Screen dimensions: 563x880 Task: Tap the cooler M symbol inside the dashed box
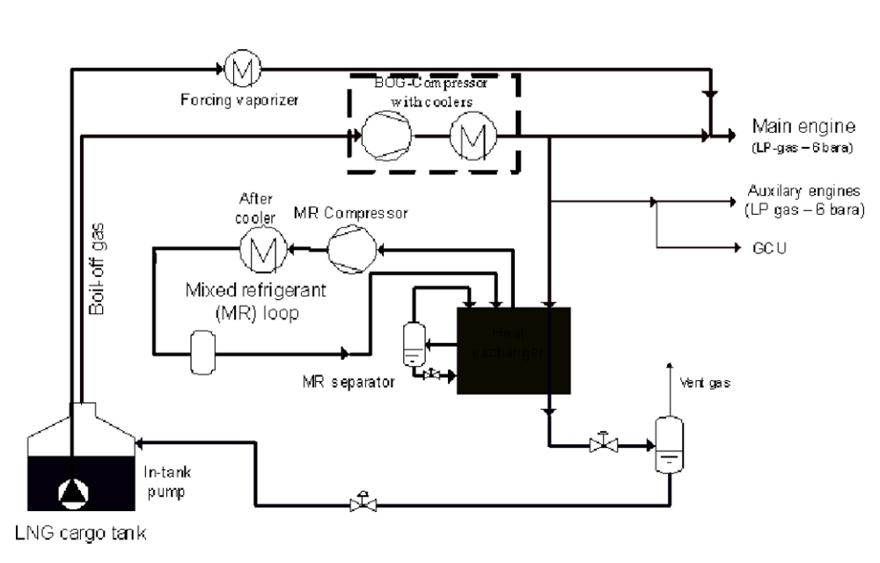(x=473, y=136)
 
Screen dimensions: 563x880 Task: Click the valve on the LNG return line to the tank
(x=359, y=503)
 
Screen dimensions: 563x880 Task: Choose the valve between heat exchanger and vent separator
(x=604, y=444)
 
